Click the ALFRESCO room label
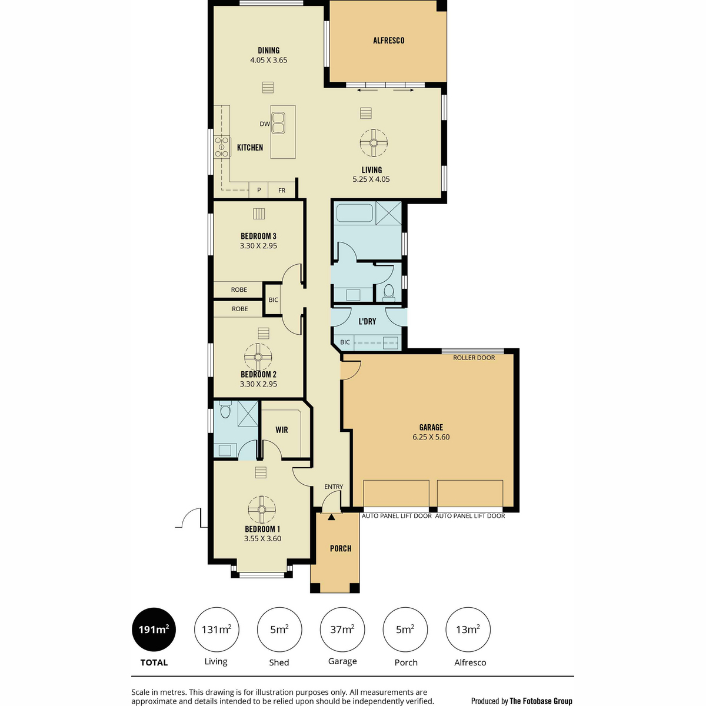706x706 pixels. click(388, 41)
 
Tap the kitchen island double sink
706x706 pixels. click(278, 123)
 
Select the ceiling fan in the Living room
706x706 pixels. click(373, 143)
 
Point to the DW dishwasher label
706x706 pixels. click(265, 124)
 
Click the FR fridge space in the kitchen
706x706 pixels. click(281, 190)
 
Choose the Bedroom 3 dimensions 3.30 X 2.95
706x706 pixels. click(258, 246)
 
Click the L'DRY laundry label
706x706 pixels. click(367, 321)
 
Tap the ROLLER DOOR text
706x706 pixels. click(474, 358)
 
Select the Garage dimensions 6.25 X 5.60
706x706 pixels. click(431, 437)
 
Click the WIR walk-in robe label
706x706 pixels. click(281, 429)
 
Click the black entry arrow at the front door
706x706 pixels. click(331, 517)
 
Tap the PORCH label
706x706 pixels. click(341, 548)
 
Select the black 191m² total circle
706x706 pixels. click(154, 630)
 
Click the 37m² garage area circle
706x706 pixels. click(342, 630)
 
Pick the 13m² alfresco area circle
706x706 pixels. click(468, 630)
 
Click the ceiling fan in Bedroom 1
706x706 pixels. click(262, 509)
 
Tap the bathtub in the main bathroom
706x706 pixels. click(355, 213)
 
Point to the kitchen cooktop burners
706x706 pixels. click(222, 146)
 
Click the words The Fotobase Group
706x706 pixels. click(541, 701)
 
